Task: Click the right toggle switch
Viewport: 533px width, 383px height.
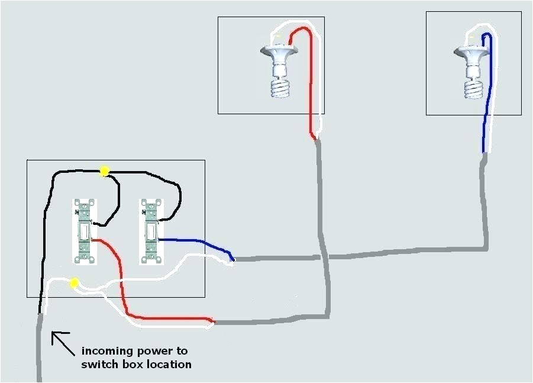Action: coord(150,231)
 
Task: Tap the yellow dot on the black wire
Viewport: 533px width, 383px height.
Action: coord(105,172)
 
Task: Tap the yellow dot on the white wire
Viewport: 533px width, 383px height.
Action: coord(74,284)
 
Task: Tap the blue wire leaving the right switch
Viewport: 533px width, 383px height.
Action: coord(195,242)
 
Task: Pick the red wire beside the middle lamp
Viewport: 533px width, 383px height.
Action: coord(309,89)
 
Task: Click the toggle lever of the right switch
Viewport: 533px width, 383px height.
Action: coord(151,230)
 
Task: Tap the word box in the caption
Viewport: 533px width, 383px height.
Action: coord(132,365)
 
